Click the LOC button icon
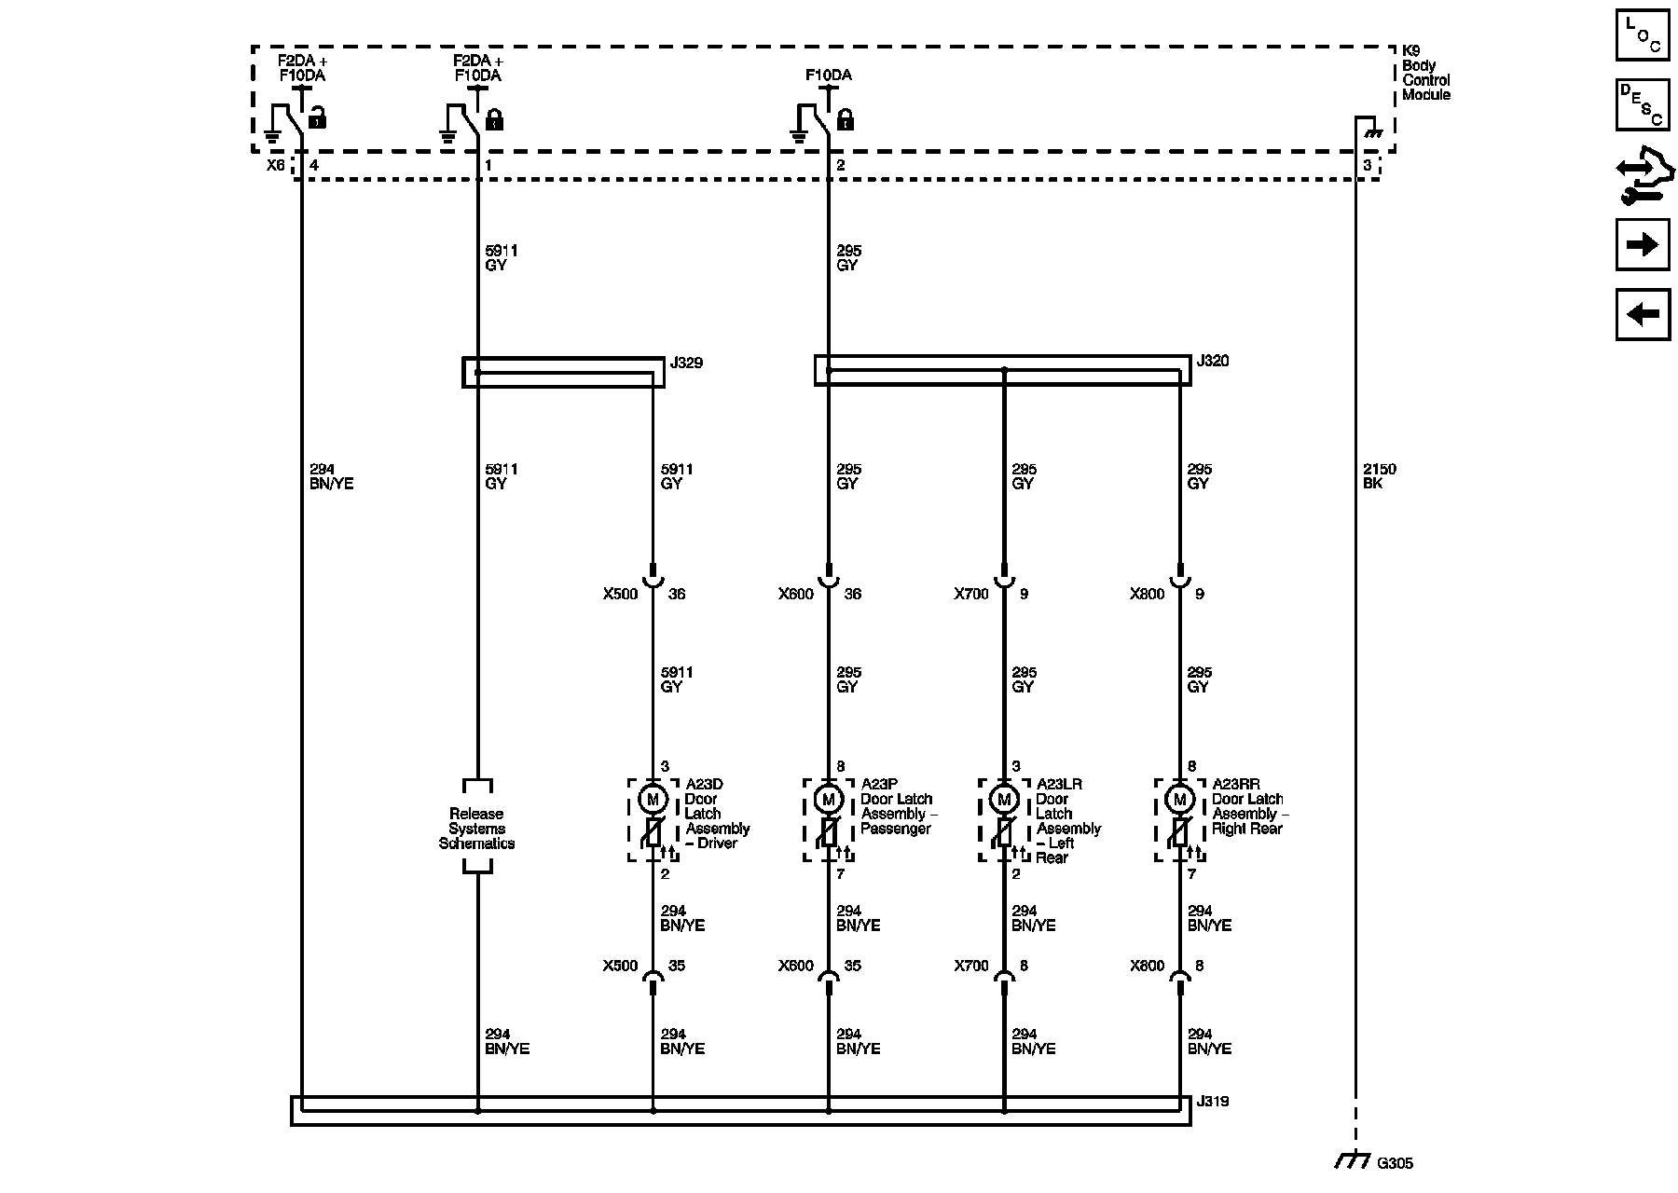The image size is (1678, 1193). pyautogui.click(x=1643, y=35)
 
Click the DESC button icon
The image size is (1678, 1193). pyautogui.click(x=1643, y=104)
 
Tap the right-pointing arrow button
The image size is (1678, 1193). pyautogui.click(x=1643, y=245)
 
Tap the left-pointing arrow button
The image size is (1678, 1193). pyautogui.click(x=1643, y=314)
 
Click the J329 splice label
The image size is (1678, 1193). pyautogui.click(x=686, y=363)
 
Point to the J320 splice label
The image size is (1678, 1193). pyautogui.click(x=1212, y=361)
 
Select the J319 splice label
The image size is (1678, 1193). pyautogui.click(x=1212, y=1102)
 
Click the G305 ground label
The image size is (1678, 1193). pyautogui.click(x=1395, y=1162)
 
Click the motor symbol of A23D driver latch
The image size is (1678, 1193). pyautogui.click(x=653, y=800)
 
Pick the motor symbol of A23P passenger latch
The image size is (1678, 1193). pyautogui.click(x=828, y=800)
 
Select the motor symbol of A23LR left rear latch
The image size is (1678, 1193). pyautogui.click(x=1004, y=800)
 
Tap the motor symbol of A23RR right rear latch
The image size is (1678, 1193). pyautogui.click(x=1180, y=800)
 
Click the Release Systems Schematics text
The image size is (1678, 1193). pyautogui.click(x=476, y=829)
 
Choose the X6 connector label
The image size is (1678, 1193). pyautogui.click(x=275, y=165)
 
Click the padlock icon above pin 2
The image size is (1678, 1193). pyautogui.click(x=846, y=119)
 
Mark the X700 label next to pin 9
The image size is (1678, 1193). pyautogui.click(x=970, y=594)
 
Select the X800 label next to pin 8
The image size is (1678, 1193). pyautogui.click(x=1147, y=966)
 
